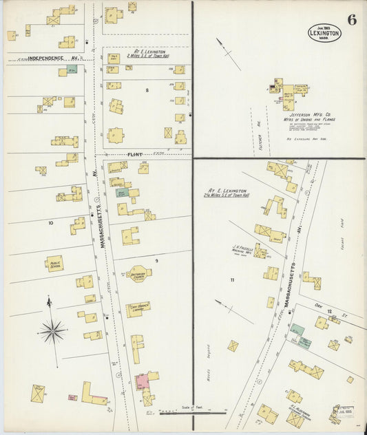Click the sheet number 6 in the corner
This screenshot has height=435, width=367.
(352, 19)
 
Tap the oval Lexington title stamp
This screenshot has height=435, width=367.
(324, 32)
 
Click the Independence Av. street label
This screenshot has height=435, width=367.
(45, 59)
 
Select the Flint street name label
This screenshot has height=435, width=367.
(134, 155)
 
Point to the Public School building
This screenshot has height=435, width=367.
(54, 263)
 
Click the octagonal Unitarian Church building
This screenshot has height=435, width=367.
(138, 274)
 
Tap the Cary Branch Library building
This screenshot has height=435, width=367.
(138, 308)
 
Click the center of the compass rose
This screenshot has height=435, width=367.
(53, 331)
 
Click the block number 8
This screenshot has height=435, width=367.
(147, 90)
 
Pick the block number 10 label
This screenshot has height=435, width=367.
(50, 223)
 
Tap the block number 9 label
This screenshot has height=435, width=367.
(156, 261)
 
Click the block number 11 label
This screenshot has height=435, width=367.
(232, 279)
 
